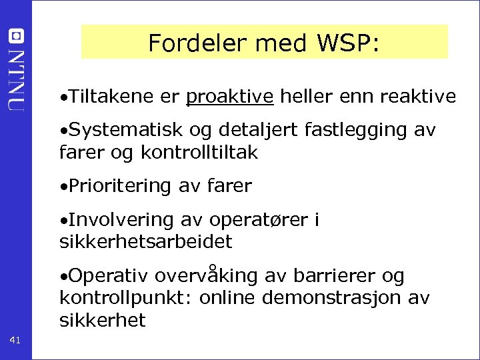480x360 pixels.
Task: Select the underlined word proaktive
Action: point(230,97)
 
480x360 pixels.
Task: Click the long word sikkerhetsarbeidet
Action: point(146,241)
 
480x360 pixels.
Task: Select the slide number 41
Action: point(15,341)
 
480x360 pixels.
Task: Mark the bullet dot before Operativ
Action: point(62,276)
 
